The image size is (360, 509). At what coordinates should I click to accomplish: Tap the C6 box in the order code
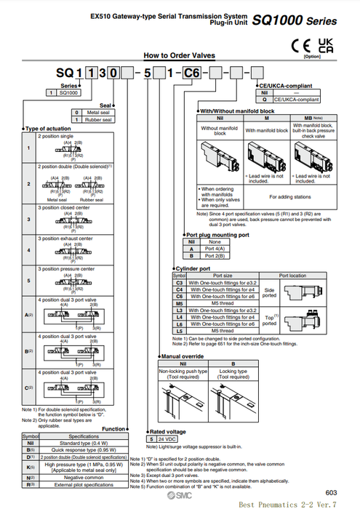[x=191, y=73]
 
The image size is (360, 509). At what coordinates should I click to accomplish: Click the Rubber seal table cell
[x=97, y=119]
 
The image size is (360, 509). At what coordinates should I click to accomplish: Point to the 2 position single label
[x=57, y=135]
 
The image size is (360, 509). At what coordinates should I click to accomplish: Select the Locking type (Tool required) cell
[x=233, y=374]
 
